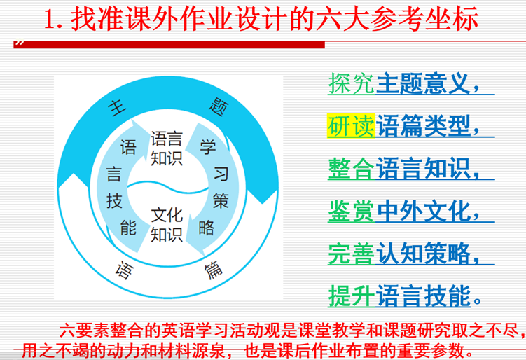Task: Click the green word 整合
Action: (x=351, y=168)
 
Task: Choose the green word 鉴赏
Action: (x=351, y=211)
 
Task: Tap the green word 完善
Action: (x=351, y=254)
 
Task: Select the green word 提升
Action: (x=351, y=296)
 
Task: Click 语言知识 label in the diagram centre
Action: (x=166, y=149)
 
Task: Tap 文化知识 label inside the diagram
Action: (x=166, y=223)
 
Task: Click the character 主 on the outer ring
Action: (x=117, y=107)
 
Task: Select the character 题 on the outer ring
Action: (x=216, y=106)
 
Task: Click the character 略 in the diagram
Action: (x=207, y=226)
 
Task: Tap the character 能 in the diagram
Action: (x=127, y=226)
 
